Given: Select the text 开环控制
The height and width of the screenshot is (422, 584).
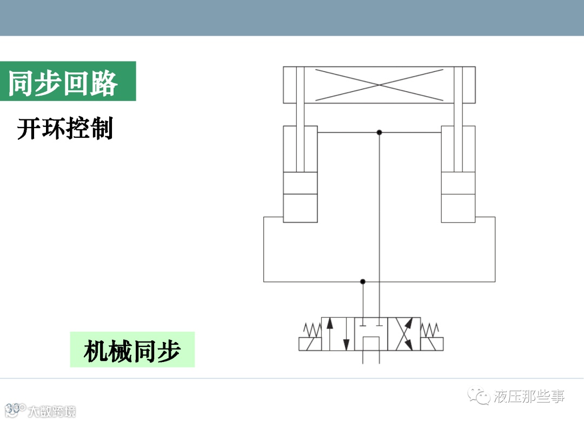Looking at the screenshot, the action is [x=65, y=129].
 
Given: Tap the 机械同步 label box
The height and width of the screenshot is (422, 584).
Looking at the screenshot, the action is [x=132, y=350].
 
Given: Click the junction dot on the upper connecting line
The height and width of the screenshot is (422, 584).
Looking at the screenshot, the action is [x=379, y=132].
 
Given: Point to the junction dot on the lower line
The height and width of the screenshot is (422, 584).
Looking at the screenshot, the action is [x=363, y=282].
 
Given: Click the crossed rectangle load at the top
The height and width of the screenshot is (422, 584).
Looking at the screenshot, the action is [x=379, y=85].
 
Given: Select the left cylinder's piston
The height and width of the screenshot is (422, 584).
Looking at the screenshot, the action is [x=300, y=183].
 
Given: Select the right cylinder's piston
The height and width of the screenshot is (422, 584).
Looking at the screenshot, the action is [x=458, y=183].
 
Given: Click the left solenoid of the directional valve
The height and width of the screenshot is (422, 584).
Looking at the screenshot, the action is [x=310, y=344].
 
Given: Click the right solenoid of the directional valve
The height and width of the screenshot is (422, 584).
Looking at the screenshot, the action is [x=433, y=344].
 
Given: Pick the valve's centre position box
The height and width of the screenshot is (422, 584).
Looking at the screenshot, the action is [x=371, y=334].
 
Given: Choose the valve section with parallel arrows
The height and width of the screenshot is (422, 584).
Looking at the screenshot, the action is [x=338, y=334].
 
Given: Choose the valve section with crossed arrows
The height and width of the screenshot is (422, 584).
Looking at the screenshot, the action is [x=404, y=334].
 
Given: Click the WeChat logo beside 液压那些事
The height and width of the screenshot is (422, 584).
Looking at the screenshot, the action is [x=479, y=397].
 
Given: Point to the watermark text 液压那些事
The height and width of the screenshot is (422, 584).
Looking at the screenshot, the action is [x=528, y=397].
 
